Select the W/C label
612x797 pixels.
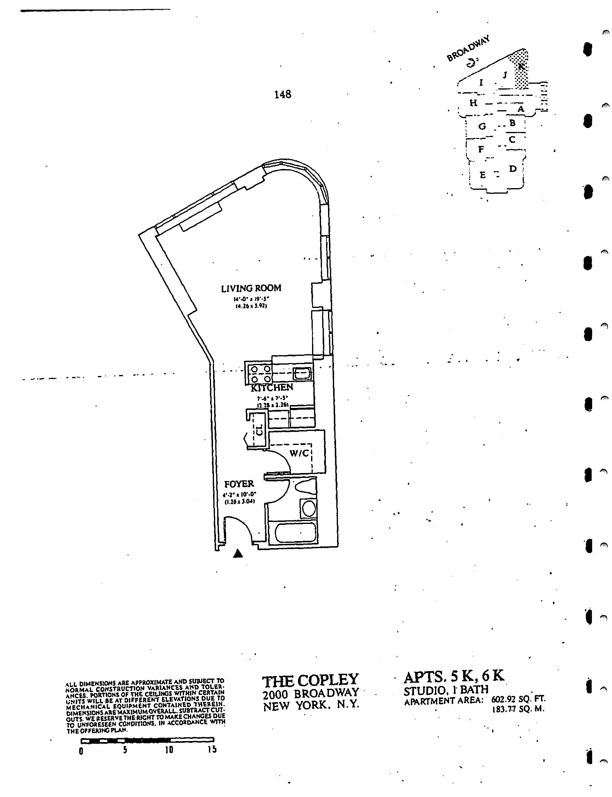click(299, 453)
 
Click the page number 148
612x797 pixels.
click(283, 95)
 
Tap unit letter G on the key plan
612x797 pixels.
click(482, 126)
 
